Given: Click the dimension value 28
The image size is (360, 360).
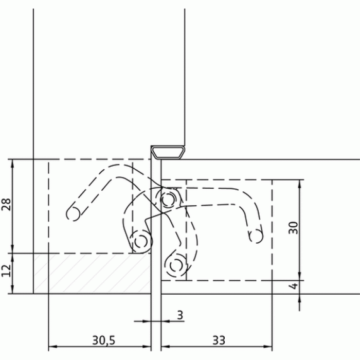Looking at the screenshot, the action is (6, 204).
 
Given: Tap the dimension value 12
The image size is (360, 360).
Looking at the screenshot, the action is (6, 271).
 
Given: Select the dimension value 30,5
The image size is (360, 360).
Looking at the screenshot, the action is (103, 340).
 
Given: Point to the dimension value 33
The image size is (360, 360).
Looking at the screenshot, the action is (219, 340).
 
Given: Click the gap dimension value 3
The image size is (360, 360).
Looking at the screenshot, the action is (181, 315).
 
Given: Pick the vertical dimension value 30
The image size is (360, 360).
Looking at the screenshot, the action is (293, 228).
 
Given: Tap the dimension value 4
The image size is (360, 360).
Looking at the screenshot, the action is (294, 286).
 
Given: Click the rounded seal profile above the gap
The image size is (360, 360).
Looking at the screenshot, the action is (168, 153).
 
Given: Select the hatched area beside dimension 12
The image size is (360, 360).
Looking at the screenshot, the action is (92, 274).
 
